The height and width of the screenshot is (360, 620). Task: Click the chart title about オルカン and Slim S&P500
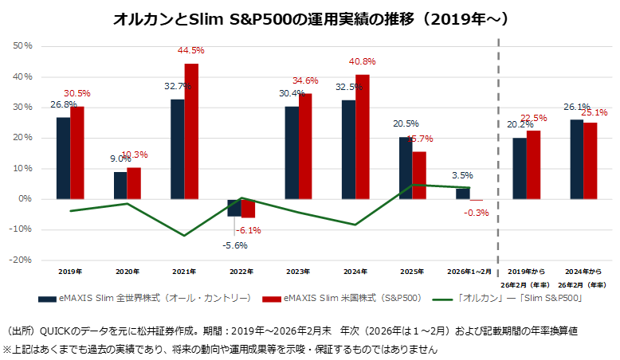[x=312, y=18]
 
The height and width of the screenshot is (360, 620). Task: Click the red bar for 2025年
[x=419, y=175]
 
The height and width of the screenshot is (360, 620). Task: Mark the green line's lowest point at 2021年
[x=184, y=236]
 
